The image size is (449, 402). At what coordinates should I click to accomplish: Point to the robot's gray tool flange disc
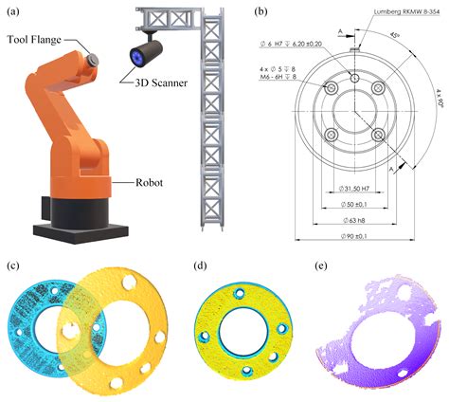click(94, 59)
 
